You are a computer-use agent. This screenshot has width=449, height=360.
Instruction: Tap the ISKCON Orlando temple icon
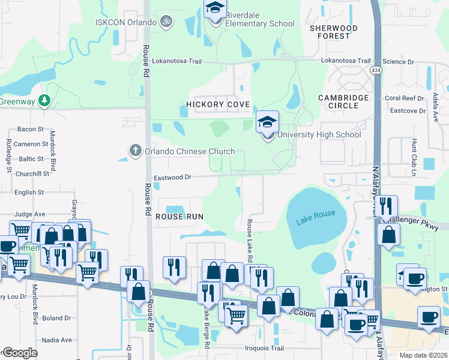167,22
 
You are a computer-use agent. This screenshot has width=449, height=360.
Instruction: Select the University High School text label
319,135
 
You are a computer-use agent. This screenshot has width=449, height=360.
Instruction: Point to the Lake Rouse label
316,218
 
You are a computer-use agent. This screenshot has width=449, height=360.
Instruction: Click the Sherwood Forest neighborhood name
334,32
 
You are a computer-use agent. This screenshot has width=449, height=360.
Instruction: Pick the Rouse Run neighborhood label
179,216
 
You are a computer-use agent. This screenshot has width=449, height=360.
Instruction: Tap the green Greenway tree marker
44,100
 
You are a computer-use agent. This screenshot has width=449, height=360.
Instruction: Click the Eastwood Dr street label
172,178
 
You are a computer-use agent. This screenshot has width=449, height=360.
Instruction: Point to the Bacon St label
31,129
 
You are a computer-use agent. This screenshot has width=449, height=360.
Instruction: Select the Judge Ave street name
29,214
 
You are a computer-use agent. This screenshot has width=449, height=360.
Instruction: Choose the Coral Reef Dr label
404,98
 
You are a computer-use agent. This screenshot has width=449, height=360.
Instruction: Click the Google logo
20,353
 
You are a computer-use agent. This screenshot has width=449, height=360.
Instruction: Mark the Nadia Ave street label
57,340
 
